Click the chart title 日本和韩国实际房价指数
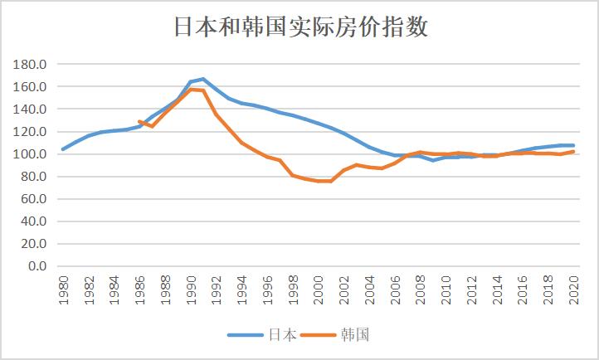pos(300,27)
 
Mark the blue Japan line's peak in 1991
pos(203,79)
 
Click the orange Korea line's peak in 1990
pos(191,89)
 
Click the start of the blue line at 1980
pos(63,149)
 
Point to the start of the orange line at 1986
pos(139,122)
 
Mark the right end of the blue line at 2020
pos(573,145)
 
